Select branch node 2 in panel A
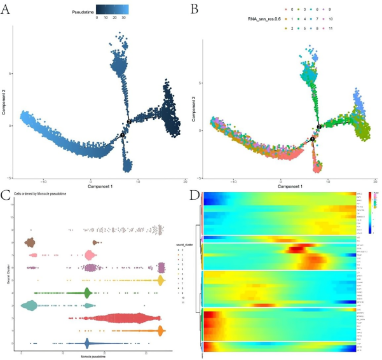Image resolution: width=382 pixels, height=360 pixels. pyautogui.click(x=129, y=121)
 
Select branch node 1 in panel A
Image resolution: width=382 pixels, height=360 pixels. pyautogui.click(x=123, y=135)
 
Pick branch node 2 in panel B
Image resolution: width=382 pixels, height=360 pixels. pyautogui.click(x=319, y=127)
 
